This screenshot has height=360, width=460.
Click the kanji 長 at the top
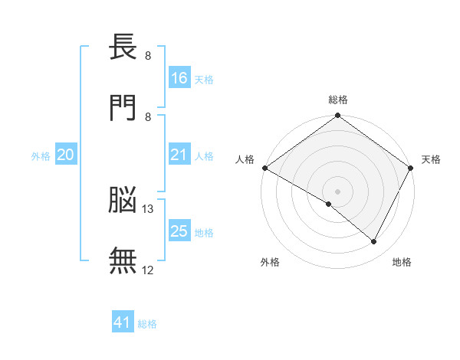123,46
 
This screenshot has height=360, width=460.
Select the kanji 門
123,107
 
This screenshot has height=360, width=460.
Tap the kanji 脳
123,199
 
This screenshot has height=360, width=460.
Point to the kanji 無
123,260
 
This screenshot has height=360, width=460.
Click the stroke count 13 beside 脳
147,209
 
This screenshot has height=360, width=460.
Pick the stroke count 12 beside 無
147,270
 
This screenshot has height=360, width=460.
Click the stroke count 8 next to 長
148,56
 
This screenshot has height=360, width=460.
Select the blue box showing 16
179,77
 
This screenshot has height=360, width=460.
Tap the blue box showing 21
179,154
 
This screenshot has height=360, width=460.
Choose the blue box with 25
179,230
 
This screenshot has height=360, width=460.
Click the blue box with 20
66,154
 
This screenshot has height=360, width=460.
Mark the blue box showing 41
123,321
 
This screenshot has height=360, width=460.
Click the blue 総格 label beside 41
147,324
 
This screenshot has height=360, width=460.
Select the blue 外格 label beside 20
41,156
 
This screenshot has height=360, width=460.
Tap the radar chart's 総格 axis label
338,100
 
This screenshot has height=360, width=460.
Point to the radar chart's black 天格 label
431,159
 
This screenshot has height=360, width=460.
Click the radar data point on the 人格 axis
265,168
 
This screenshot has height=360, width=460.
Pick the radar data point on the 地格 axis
373,241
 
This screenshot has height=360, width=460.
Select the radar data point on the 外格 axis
329,204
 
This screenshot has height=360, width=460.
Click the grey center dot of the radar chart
337,191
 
